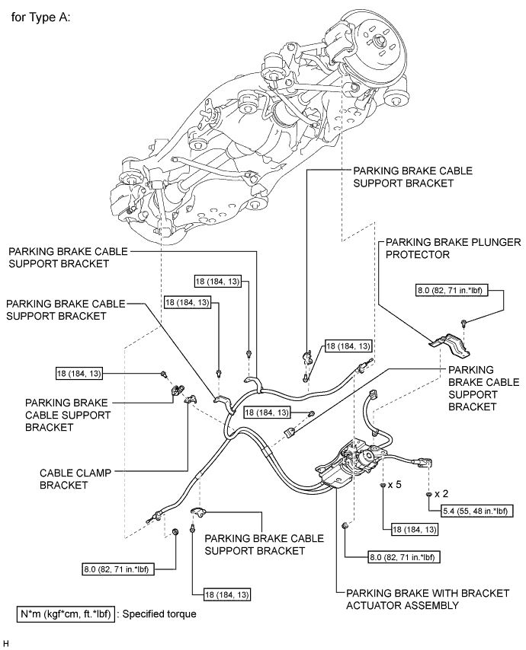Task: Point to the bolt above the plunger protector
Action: tap(464, 324)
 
